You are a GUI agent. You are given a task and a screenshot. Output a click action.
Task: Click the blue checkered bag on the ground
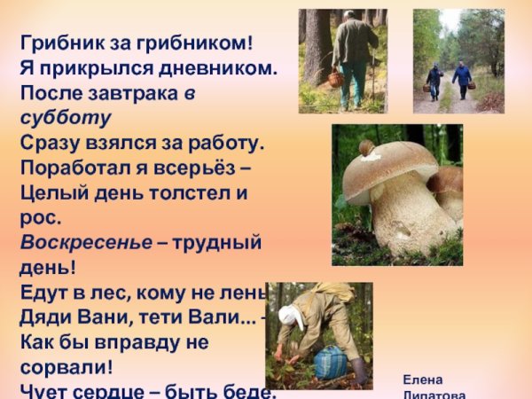tap(330, 363)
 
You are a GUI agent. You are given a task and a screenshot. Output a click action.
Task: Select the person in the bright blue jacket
tap(462, 77)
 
